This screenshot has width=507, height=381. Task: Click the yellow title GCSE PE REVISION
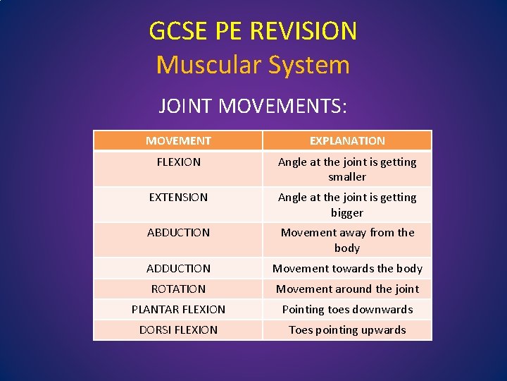253,31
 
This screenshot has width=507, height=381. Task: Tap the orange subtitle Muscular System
253,65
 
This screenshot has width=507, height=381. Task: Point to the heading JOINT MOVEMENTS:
253,107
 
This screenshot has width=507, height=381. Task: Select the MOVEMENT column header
178,141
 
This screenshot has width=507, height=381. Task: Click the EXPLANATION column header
347,141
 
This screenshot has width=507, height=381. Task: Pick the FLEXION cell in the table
178,162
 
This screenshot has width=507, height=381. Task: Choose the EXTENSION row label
178,198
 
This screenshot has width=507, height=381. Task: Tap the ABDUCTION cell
178,233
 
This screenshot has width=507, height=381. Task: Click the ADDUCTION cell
178,269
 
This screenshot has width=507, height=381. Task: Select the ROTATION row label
178,289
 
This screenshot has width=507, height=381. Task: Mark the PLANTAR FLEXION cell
178,310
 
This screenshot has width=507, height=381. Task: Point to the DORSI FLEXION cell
178,330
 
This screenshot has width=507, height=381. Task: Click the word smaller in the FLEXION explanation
347,177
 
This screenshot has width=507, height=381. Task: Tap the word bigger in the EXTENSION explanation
347,212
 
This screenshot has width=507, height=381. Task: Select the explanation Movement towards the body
347,269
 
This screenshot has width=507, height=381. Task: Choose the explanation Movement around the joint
347,289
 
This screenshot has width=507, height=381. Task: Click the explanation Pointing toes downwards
347,310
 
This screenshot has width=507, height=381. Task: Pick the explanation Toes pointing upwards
347,330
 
